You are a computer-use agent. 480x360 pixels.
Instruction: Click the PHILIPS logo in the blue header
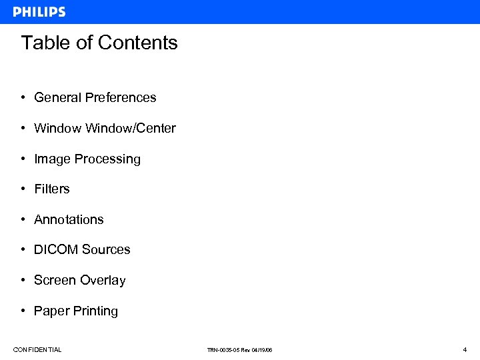(39, 11)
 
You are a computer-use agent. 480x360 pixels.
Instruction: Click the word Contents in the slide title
(138, 43)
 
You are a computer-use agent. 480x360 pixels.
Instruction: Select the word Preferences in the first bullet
(121, 97)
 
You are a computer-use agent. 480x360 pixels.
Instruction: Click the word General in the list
(58, 97)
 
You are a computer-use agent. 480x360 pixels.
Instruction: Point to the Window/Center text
(131, 128)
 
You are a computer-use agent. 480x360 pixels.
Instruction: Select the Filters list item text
(52, 189)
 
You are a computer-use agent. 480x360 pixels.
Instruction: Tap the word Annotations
(69, 220)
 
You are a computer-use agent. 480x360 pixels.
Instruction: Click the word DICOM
(55, 250)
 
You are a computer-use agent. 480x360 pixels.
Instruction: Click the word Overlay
(103, 281)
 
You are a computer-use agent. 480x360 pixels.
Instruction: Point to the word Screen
(55, 281)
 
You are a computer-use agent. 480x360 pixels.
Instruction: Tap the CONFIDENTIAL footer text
(37, 350)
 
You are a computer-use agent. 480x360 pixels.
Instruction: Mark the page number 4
(464, 349)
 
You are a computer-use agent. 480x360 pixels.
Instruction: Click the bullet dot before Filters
(23, 189)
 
